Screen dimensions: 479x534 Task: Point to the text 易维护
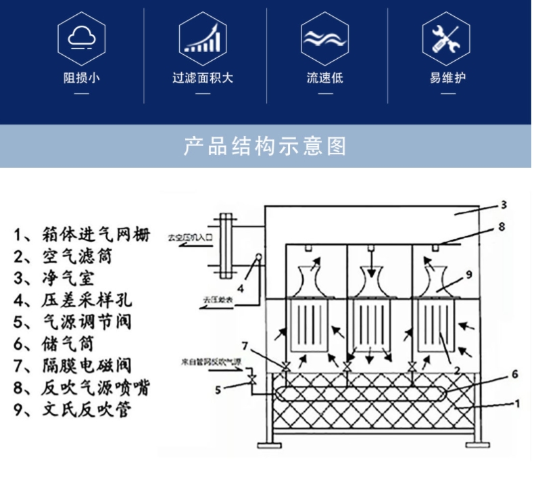click(x=446, y=78)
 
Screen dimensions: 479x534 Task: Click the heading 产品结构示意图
click(x=266, y=146)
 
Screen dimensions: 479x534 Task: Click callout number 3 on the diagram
click(x=504, y=204)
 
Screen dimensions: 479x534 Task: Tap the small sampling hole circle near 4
click(x=258, y=257)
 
